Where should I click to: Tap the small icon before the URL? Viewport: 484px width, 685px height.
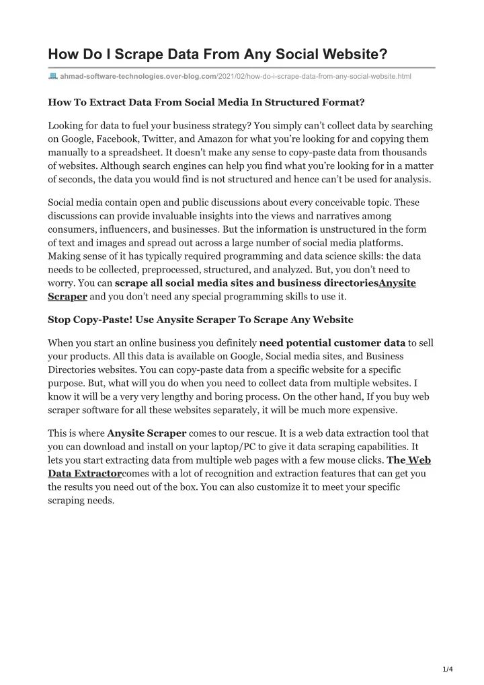pyautogui.click(x=53, y=77)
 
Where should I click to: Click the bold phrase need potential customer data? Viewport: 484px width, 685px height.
pyautogui.click(x=332, y=342)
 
